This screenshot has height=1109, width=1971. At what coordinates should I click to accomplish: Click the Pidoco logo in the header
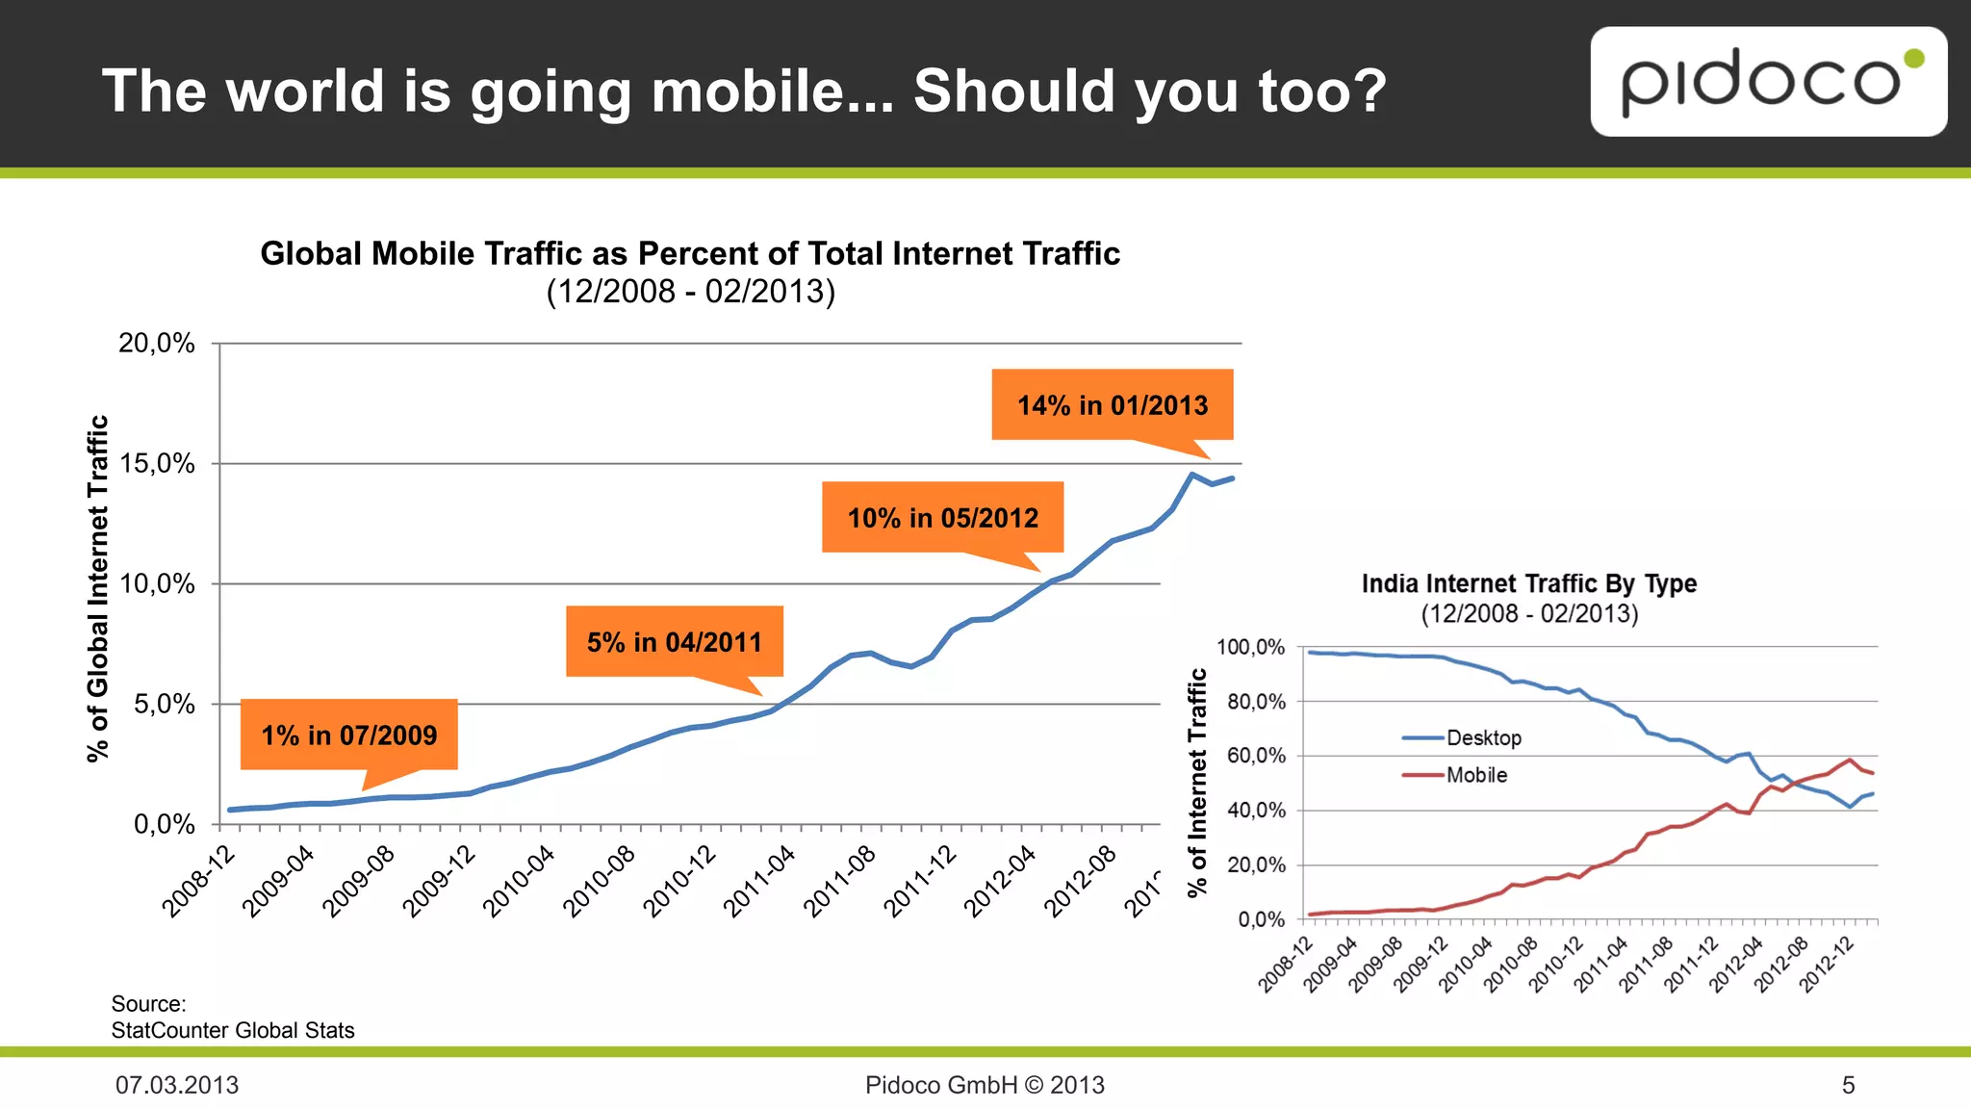click(x=1768, y=82)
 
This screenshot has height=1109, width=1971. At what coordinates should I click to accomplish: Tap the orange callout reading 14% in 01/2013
click(x=1113, y=405)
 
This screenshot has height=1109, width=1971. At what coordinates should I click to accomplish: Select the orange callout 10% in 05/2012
click(x=942, y=518)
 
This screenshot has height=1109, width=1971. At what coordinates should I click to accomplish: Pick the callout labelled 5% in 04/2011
click(x=674, y=642)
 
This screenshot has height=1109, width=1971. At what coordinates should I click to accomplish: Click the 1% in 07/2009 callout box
click(x=348, y=735)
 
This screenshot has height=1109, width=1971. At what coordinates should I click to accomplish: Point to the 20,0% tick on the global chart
click(x=157, y=344)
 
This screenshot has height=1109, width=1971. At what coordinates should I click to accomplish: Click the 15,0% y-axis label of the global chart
click(x=157, y=464)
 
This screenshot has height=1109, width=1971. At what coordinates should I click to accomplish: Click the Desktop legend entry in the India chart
click(x=1483, y=738)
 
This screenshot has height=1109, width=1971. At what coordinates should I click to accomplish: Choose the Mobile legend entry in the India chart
click(x=1476, y=775)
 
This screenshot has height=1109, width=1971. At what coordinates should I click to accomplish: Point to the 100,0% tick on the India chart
click(x=1251, y=647)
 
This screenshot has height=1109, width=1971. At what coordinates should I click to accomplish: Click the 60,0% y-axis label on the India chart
click(x=1256, y=756)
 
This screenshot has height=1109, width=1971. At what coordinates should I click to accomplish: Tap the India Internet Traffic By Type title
click(x=1528, y=583)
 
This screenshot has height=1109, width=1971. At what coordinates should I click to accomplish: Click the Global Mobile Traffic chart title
click(x=690, y=254)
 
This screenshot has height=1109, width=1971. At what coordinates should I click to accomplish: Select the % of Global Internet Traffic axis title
click(x=97, y=588)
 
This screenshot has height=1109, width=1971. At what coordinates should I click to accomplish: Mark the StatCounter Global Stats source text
click(x=233, y=1030)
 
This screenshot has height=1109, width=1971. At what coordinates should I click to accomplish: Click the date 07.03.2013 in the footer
click(x=177, y=1085)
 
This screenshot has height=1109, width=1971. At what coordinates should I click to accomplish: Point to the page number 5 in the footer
click(x=1848, y=1085)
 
